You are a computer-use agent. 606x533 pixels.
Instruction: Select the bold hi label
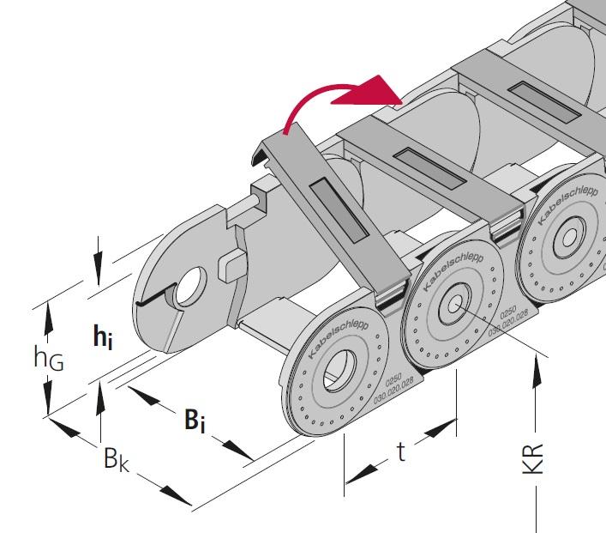click(103, 336)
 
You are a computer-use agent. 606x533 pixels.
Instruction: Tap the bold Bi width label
click(196, 420)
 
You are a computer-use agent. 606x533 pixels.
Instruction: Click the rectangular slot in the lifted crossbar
click(342, 211)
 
